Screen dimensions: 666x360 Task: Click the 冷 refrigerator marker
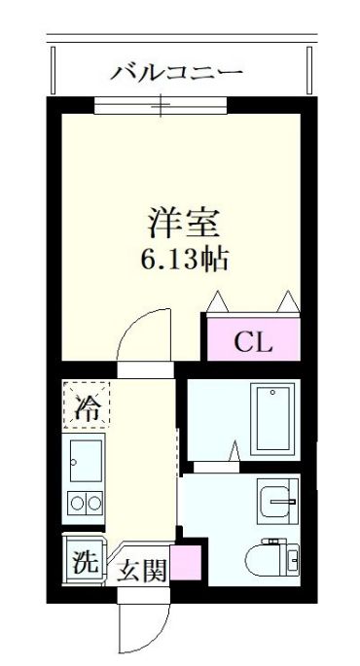(x=88, y=406)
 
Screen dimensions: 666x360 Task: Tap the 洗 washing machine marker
(x=85, y=562)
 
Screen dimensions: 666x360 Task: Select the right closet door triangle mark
(x=290, y=301)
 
